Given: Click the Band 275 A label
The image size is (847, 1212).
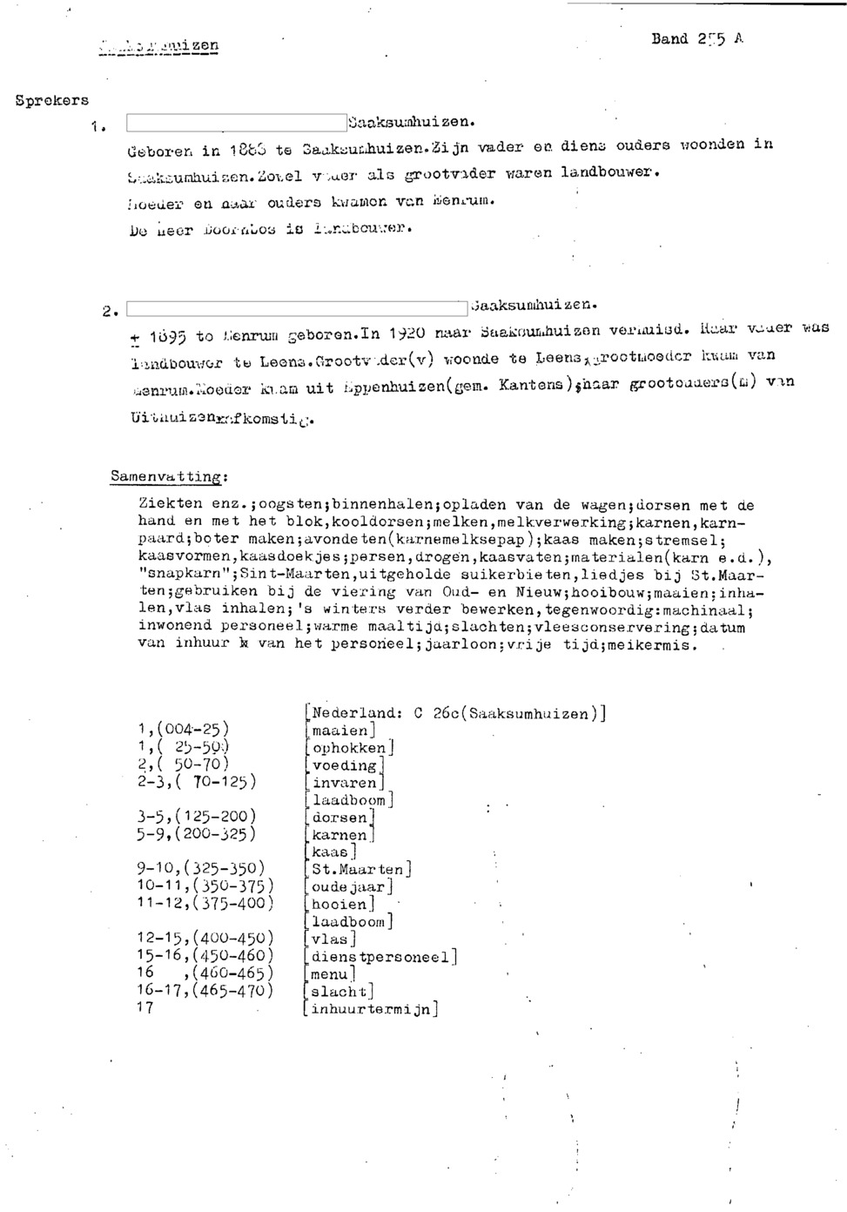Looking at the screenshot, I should coord(696,39).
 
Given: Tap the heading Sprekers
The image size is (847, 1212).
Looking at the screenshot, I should coord(52,100).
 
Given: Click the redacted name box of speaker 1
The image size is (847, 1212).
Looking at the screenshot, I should coord(236,123).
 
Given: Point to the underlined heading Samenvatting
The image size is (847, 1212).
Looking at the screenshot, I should coord(169,477).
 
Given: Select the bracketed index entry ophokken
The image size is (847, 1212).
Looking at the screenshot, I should coord(349,748).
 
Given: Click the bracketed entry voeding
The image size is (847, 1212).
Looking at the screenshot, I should coord(345,765).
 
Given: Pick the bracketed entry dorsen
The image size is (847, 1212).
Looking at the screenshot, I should coord(340,818).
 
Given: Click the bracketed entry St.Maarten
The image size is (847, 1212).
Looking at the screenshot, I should coord(358,870).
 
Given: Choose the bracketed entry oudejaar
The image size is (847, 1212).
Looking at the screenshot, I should coord(349,887).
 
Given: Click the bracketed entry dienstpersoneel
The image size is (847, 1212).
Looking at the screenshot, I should coord(381,957).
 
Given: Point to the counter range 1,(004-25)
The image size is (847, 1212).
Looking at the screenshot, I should coord(183,730).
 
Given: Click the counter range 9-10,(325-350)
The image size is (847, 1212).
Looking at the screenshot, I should coord(201,869).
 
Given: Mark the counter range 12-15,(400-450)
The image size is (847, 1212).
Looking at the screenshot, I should coord(205,939).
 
